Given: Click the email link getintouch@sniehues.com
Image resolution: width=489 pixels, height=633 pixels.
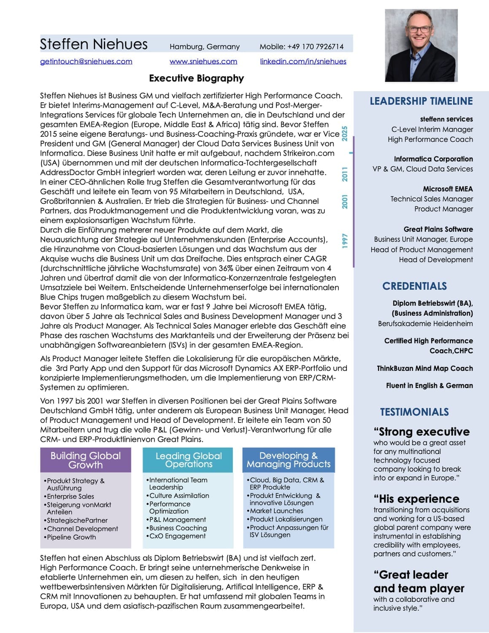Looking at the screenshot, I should (86, 62).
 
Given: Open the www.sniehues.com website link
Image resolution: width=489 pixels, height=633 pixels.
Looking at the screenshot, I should (203, 62).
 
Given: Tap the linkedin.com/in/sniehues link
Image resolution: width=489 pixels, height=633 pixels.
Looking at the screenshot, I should (303, 62).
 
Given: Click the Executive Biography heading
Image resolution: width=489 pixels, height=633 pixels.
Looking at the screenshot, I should (196, 78).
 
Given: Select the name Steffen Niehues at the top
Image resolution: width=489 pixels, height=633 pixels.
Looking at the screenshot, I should (94, 44).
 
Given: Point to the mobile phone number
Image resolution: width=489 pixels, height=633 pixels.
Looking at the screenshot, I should (302, 46).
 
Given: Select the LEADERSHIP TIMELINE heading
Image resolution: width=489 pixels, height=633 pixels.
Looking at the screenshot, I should (421, 101).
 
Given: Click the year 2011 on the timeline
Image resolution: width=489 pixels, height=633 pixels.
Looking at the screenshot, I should (345, 174).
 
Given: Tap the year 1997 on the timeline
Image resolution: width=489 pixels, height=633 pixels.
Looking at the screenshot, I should (345, 241).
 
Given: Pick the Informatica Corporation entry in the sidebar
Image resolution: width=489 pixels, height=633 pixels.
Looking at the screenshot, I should (433, 159).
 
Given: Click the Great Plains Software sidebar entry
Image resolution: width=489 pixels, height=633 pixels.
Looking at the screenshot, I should (438, 229).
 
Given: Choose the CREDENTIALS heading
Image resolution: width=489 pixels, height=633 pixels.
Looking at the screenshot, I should (414, 286).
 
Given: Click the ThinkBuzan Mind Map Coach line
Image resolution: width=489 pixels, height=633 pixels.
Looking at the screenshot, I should (424, 368).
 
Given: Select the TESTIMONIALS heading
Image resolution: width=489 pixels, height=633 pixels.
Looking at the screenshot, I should (414, 412).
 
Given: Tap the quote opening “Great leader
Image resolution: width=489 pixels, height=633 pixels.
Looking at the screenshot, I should (411, 575).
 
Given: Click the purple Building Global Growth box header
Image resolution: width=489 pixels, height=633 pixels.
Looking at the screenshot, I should (86, 460).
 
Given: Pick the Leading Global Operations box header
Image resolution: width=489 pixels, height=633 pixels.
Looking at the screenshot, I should (189, 460).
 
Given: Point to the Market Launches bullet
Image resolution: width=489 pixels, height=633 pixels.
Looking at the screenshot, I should (276, 511).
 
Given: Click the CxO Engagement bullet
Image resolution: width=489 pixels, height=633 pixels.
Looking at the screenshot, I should (177, 536).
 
